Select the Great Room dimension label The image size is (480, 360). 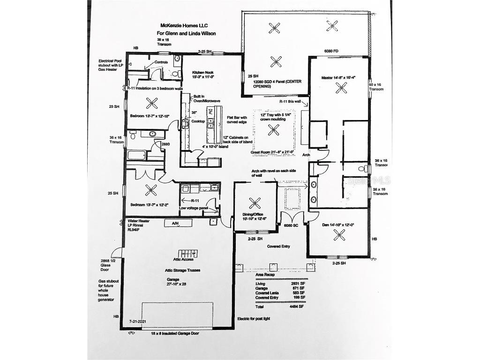[x=272, y=152]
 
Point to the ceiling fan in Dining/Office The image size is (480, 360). [x=255, y=203]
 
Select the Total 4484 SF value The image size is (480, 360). [x=299, y=307]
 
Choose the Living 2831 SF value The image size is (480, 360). [x=298, y=284]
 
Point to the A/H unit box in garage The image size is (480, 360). [x=174, y=224]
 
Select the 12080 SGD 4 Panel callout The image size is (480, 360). [x=277, y=84]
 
